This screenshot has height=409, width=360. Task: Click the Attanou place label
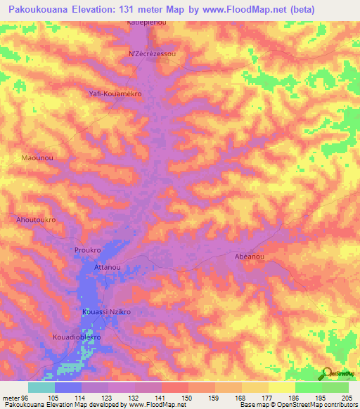pos(108,268)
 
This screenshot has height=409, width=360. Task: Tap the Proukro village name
pos(89,250)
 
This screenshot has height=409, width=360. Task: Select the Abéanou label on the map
pos(249,257)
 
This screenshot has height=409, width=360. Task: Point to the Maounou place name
pos(37,159)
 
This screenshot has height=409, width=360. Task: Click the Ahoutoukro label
pos(36,220)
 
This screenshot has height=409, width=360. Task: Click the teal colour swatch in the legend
pos(41,387)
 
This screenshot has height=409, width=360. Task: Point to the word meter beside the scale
pos(11,398)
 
